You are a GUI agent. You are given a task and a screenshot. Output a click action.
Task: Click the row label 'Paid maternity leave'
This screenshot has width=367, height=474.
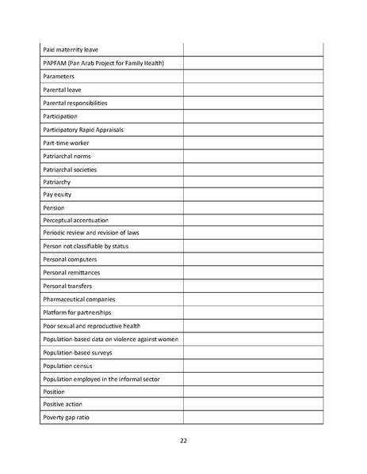(71, 50)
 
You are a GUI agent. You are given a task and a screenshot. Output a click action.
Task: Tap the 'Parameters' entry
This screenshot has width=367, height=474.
(59, 77)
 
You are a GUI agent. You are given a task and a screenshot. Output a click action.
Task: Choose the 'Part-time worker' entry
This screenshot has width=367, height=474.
(66, 143)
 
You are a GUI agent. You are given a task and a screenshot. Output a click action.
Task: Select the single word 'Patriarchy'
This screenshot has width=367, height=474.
(57, 183)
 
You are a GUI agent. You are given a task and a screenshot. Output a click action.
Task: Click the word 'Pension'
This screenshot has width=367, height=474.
(54, 207)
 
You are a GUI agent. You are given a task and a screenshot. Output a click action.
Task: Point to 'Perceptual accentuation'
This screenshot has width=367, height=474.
(76, 220)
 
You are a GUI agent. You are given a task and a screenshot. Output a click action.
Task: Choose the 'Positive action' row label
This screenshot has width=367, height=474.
(63, 404)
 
